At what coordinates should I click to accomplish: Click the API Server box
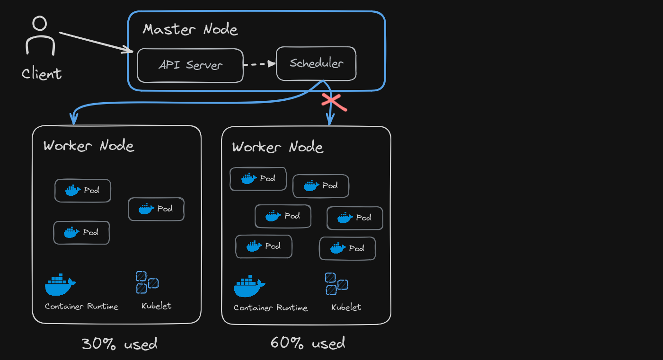tap(190, 65)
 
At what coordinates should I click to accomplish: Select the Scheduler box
tap(316, 63)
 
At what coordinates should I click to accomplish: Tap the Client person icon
tap(40, 36)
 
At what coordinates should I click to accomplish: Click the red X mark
tap(334, 102)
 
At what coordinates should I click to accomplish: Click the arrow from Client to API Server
tap(95, 42)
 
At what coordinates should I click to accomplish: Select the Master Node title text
tap(190, 29)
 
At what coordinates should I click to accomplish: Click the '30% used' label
tap(119, 343)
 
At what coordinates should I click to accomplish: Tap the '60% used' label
tap(308, 342)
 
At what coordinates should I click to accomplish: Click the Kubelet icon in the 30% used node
tap(147, 282)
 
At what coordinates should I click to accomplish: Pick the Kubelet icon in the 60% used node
tap(336, 284)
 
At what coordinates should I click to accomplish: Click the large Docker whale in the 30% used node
tap(60, 285)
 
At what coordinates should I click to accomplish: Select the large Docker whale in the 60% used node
tap(249, 286)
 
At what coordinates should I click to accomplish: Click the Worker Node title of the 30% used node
tap(88, 146)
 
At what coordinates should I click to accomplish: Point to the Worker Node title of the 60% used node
tap(277, 147)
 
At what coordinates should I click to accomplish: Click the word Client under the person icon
tap(42, 74)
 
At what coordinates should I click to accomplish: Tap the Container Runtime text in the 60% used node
tap(270, 308)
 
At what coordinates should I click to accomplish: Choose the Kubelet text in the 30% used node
tap(156, 306)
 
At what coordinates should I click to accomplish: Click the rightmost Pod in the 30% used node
tap(156, 209)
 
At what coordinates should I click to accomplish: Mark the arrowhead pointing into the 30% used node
tap(73, 120)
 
